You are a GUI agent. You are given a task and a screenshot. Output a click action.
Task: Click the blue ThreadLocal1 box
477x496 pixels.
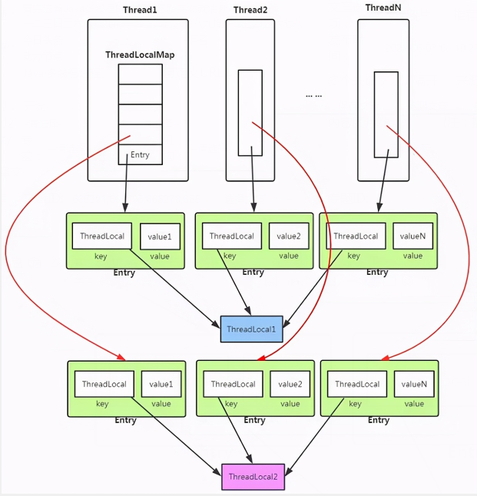coord(252,329)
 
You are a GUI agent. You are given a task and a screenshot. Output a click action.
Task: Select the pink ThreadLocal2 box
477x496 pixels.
coord(253,477)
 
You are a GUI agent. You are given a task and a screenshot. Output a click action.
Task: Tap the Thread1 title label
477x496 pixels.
coord(140,10)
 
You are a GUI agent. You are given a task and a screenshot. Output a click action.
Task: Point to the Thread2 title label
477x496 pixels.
coord(250,10)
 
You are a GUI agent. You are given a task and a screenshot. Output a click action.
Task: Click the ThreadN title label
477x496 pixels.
coord(383,8)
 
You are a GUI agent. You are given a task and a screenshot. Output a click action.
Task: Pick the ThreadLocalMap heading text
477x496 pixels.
coord(140,55)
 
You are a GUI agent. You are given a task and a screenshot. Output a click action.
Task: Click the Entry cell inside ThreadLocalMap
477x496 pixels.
coord(141,154)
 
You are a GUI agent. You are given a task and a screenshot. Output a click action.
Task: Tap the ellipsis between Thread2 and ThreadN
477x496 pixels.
coord(313,95)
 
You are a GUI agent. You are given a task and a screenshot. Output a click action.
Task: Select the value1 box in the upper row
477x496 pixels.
coord(160,236)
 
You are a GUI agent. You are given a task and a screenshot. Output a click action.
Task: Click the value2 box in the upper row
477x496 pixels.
coord(289,236)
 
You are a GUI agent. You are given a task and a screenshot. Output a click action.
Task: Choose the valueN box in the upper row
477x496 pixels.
coord(412,236)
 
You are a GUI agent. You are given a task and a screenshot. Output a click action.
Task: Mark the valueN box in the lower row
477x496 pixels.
coord(414,384)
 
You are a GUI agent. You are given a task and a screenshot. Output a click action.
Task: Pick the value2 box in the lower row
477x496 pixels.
coord(290,384)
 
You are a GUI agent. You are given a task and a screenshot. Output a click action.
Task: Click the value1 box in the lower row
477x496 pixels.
coord(161,384)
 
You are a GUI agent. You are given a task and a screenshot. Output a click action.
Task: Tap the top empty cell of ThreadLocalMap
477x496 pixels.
coord(141,74)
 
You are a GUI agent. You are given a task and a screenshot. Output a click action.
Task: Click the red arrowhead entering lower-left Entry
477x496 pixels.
coord(121,357)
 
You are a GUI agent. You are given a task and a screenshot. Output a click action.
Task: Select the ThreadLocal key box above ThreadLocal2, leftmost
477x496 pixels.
coord(104,384)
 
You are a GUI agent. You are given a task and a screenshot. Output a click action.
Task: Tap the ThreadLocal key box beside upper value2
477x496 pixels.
coord(232,236)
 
